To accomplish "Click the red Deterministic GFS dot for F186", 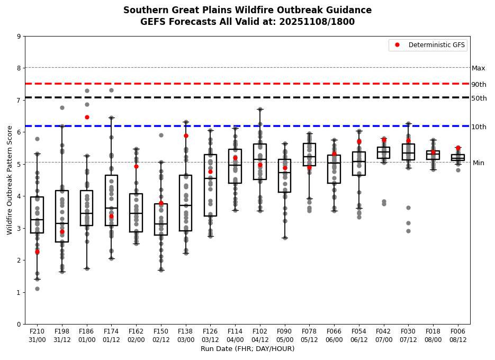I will [x=87, y=117].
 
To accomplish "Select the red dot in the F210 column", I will [x=37, y=252].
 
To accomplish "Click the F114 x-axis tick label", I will [x=235, y=335].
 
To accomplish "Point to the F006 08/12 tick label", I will [x=458, y=335].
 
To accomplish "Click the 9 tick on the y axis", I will [x=19, y=37].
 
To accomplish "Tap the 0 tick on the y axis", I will [x=19, y=324].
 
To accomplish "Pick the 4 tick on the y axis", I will [x=19, y=196].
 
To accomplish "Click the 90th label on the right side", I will [x=479, y=85].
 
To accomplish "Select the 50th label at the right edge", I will [x=479, y=98].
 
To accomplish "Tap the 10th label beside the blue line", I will [x=479, y=127].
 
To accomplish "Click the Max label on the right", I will [x=478, y=68].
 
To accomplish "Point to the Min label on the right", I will [x=478, y=163].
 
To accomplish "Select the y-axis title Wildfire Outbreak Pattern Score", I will [x=10, y=180].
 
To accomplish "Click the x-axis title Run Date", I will [x=247, y=349].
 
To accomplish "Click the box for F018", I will [x=433, y=155].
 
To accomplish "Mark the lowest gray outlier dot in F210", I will [x=37, y=289].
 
